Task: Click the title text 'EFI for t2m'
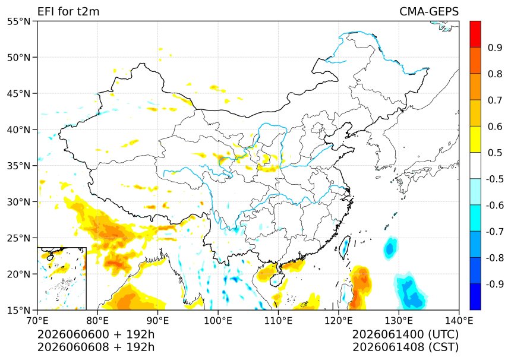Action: pyautogui.click(x=68, y=11)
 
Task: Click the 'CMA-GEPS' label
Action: pyautogui.click(x=429, y=11)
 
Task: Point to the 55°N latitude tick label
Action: pyautogui.click(x=18, y=21)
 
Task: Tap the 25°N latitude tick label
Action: pyautogui.click(x=18, y=238)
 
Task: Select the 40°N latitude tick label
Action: pyautogui.click(x=18, y=130)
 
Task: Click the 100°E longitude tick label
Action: pyautogui.click(x=218, y=321)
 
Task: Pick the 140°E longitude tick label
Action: pyautogui.click(x=459, y=321)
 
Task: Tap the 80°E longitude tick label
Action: pyautogui.click(x=97, y=321)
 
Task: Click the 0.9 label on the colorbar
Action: pyautogui.click(x=495, y=48)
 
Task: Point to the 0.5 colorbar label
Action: pyautogui.click(x=495, y=153)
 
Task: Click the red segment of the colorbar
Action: pyautogui.click(x=475, y=34)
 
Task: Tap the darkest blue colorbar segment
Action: pyautogui.click(x=475, y=297)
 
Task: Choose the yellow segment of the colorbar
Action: pyautogui.click(x=475, y=140)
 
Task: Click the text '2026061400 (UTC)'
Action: pyautogui.click(x=405, y=334)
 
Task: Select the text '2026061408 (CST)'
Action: pyautogui.click(x=405, y=347)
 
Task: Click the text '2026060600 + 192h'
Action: pyautogui.click(x=96, y=334)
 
